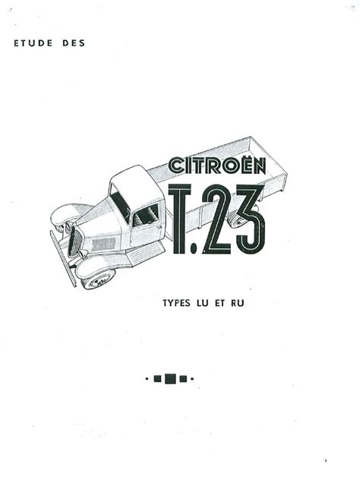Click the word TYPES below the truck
click(x=178, y=302)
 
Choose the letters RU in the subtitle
click(x=244, y=302)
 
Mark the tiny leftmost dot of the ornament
click(x=147, y=377)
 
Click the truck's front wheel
click(x=99, y=279)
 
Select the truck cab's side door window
click(x=146, y=215)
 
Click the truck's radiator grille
click(x=74, y=241)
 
